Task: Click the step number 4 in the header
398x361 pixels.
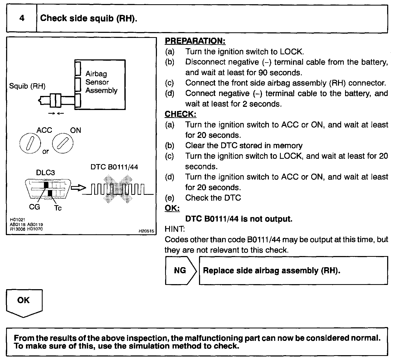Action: coord(22,18)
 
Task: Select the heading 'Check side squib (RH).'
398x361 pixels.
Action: coord(89,18)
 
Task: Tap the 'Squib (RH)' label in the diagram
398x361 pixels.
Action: coord(27,86)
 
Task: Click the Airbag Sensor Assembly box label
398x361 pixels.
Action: coord(101,82)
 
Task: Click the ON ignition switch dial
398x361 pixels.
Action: coord(63,144)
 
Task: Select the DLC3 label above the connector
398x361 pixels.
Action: coord(46,173)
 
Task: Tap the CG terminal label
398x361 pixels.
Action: coord(34,207)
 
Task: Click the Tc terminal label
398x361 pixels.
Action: coord(58,208)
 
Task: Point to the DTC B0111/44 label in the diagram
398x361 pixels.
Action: coord(114,167)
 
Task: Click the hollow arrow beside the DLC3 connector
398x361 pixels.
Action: coord(79,188)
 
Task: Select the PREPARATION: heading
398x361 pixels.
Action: coord(195,41)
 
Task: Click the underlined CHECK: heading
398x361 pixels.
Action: coord(180,114)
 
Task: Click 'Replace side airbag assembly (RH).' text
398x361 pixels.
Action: coord(272,270)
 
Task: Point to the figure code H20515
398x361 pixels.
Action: coord(146,231)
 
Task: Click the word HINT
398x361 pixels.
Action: coord(174,229)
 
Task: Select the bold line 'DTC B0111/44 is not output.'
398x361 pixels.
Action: coord(239,219)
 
